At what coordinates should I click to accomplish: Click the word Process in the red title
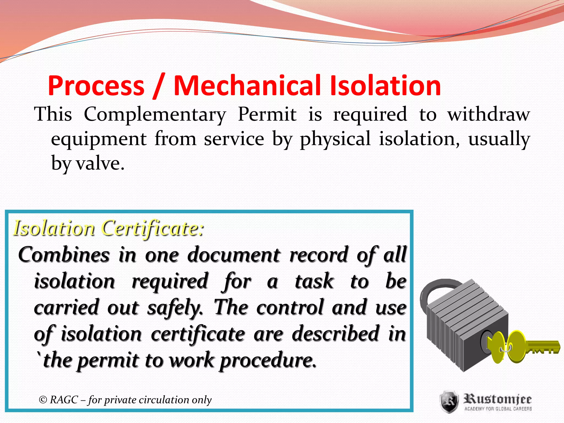96,86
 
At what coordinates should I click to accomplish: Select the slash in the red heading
159,86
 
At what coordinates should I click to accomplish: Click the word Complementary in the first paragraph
155,114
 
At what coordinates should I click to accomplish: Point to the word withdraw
488,114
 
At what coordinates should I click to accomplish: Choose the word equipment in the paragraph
99,139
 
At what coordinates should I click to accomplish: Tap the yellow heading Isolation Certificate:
109,228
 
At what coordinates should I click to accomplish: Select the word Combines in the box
64,255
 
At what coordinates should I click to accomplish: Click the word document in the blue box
234,255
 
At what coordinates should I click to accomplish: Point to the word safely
175,308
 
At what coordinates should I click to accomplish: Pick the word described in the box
335,333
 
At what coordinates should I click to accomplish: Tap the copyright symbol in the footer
43,400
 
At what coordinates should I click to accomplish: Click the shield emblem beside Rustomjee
449,402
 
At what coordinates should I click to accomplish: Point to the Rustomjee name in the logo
498,399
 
